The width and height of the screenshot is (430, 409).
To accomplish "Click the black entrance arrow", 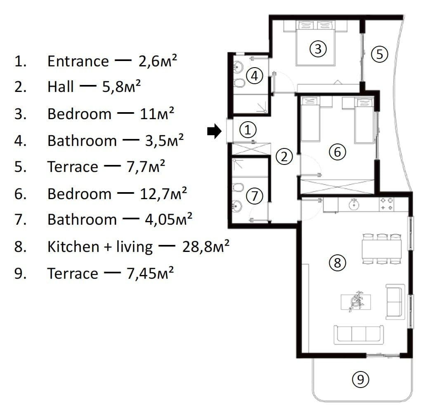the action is pos(214,131).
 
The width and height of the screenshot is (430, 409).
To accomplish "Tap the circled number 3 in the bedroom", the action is pos(318,49).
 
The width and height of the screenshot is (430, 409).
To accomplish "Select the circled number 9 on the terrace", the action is pos(360,379).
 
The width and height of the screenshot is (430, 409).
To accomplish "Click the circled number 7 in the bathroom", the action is pos(255,196).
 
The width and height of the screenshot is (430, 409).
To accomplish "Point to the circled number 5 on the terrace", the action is pos(380,54).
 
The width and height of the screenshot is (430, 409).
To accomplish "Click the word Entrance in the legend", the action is pos(78,61).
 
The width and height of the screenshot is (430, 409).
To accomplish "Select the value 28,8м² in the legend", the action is pos(206,246).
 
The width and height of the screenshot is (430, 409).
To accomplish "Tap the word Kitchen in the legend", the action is pos(73,246).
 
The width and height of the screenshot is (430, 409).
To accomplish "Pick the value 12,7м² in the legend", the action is pos(163,193).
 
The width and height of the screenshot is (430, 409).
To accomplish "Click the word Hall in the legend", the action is pos(61,87).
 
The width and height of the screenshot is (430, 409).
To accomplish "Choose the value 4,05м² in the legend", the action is pos(168,219).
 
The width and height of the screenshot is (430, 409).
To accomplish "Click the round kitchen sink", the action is pos(354,204).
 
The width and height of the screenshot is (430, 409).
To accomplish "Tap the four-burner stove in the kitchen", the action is pos(386,204).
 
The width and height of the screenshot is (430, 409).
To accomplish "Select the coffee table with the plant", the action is pos(356,302).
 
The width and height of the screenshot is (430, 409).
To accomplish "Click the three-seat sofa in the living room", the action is pos(359,335).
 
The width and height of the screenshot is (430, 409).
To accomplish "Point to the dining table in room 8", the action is pos(382,249).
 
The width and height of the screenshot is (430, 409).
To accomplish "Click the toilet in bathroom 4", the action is pos(240,83).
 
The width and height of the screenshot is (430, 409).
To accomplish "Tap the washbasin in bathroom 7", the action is pos(237,206).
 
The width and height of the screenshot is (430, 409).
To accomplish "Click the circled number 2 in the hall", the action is pos(284,156).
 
